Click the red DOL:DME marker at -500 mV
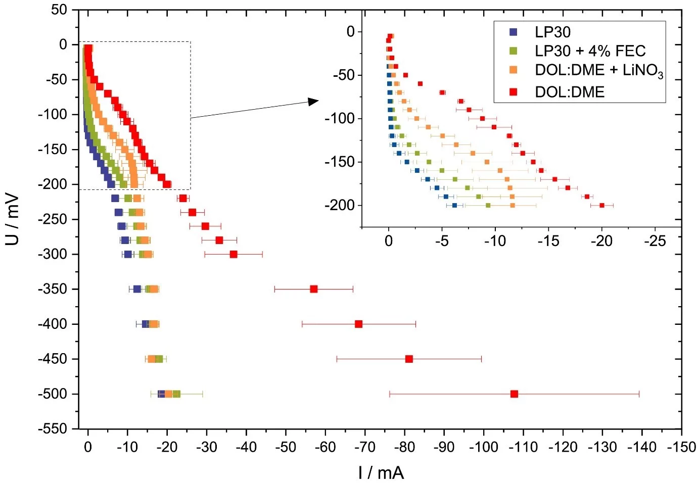(x=514, y=394)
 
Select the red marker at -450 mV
(x=409, y=359)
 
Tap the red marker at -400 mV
(x=358, y=324)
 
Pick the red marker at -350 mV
(x=313, y=289)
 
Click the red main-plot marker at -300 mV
(x=234, y=254)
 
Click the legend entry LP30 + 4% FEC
(x=590, y=51)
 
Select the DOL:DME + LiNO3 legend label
(x=599, y=70)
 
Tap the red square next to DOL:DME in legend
(x=514, y=92)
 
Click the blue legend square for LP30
(x=514, y=32)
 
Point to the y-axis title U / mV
(x=12, y=219)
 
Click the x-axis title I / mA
(x=381, y=472)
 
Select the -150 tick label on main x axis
(x=681, y=447)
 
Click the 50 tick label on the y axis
(x=59, y=10)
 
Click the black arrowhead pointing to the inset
(x=313, y=102)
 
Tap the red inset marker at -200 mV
(x=601, y=205)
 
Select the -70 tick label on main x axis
(x=364, y=447)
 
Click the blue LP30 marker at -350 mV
(x=137, y=289)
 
